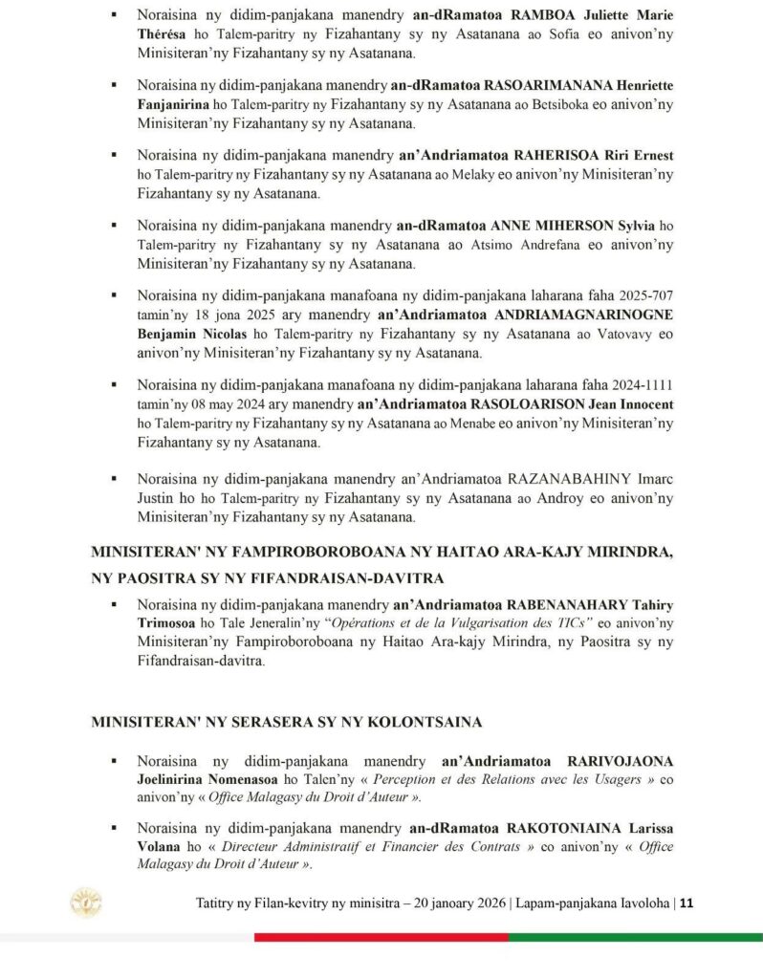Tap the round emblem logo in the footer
(x=86, y=903)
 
